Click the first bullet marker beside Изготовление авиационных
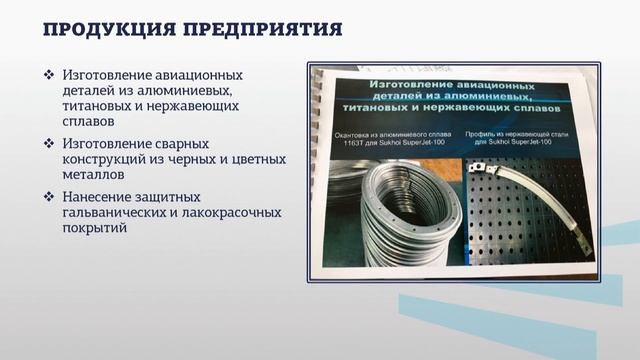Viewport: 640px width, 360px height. pyautogui.click(x=49, y=75)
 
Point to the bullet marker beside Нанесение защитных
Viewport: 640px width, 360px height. pyautogui.click(x=49, y=195)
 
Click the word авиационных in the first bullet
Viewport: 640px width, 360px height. pyautogui.click(x=199, y=75)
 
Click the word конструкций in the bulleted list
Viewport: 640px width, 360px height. pyautogui.click(x=105, y=160)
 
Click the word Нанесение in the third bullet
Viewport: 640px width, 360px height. pyautogui.click(x=100, y=195)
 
